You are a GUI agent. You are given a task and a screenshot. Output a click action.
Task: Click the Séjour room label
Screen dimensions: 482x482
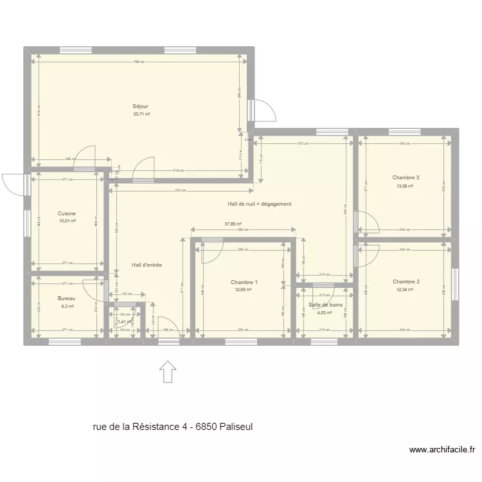[141, 106]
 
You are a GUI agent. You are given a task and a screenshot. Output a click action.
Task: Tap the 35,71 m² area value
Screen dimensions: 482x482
[141, 114]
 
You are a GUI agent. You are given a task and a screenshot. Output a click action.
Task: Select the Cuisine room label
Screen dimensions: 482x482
[67, 213]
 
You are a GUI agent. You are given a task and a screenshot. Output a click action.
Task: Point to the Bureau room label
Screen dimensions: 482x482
[66, 298]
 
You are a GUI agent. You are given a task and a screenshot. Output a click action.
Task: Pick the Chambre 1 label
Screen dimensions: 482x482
[244, 282]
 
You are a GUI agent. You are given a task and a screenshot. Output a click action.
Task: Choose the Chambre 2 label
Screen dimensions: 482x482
[406, 281]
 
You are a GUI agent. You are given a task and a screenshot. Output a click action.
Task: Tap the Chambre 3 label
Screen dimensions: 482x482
[406, 177]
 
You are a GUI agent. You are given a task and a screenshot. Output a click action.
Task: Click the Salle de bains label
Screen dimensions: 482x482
[325, 305]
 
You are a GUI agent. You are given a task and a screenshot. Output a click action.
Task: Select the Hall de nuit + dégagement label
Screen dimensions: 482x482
[260, 204]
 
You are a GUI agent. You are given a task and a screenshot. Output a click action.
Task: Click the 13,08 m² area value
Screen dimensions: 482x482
[405, 186]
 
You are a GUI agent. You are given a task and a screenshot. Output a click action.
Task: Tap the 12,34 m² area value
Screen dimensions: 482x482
[405, 290]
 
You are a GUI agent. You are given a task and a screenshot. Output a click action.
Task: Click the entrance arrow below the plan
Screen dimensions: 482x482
[168, 371]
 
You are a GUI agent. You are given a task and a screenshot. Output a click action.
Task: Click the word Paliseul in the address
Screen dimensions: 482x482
[243, 426]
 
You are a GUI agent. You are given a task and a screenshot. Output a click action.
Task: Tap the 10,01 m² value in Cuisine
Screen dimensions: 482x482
[67, 221]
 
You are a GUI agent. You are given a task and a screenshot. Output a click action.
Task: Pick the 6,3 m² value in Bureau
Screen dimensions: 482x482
[67, 307]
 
